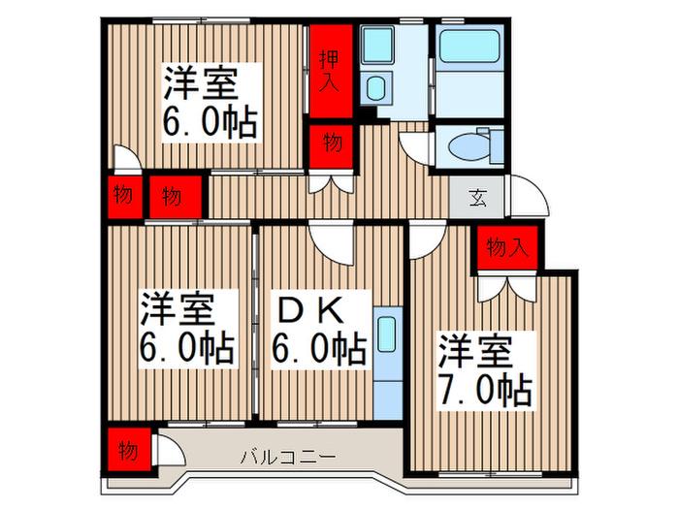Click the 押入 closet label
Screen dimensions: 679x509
pos(329,72)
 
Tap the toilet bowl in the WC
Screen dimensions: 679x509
pos(469,146)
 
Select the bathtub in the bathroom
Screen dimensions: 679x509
pos(469,47)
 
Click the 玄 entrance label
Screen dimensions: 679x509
pos(478,198)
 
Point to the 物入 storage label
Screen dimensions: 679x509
pos(507,247)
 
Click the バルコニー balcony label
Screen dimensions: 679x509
pos(288,457)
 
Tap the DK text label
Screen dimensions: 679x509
pos(311,311)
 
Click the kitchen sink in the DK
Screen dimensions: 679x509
pos(387,334)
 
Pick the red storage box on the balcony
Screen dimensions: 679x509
pos(129,449)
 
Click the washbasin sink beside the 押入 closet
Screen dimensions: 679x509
pos(376,88)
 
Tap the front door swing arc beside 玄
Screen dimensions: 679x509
pos(530,196)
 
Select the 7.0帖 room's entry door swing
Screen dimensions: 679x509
pos(428,239)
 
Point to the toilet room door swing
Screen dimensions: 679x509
pos(415,148)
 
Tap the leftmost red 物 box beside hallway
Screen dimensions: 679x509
pos(124,196)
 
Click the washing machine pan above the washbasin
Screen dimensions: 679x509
pos(377,45)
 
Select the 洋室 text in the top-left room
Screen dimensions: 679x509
pos(200,84)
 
